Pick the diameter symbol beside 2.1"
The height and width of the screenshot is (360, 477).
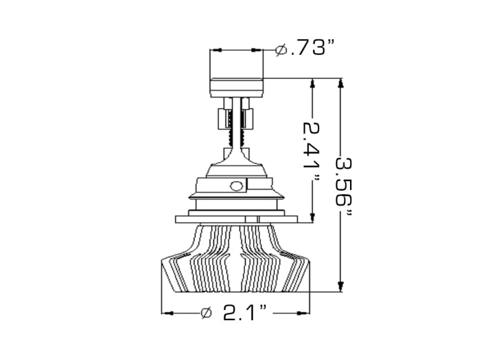[x=207, y=312]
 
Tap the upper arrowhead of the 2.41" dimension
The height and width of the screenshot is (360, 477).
[x=311, y=85]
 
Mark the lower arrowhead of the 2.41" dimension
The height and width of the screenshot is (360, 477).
[x=311, y=216]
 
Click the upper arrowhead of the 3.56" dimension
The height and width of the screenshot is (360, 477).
[x=340, y=85]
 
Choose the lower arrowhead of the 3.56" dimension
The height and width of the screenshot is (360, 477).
[x=340, y=287]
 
